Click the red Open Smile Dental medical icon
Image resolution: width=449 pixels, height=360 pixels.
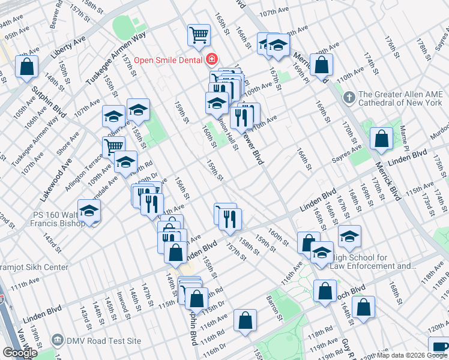(211, 59)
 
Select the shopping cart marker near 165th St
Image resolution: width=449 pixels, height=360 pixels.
(199, 34)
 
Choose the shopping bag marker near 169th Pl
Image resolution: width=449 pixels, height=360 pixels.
(322, 65)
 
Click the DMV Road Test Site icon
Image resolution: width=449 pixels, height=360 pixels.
(57, 340)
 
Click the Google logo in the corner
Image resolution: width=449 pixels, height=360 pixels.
(20, 353)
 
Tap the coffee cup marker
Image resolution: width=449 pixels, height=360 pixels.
(439, 347)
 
